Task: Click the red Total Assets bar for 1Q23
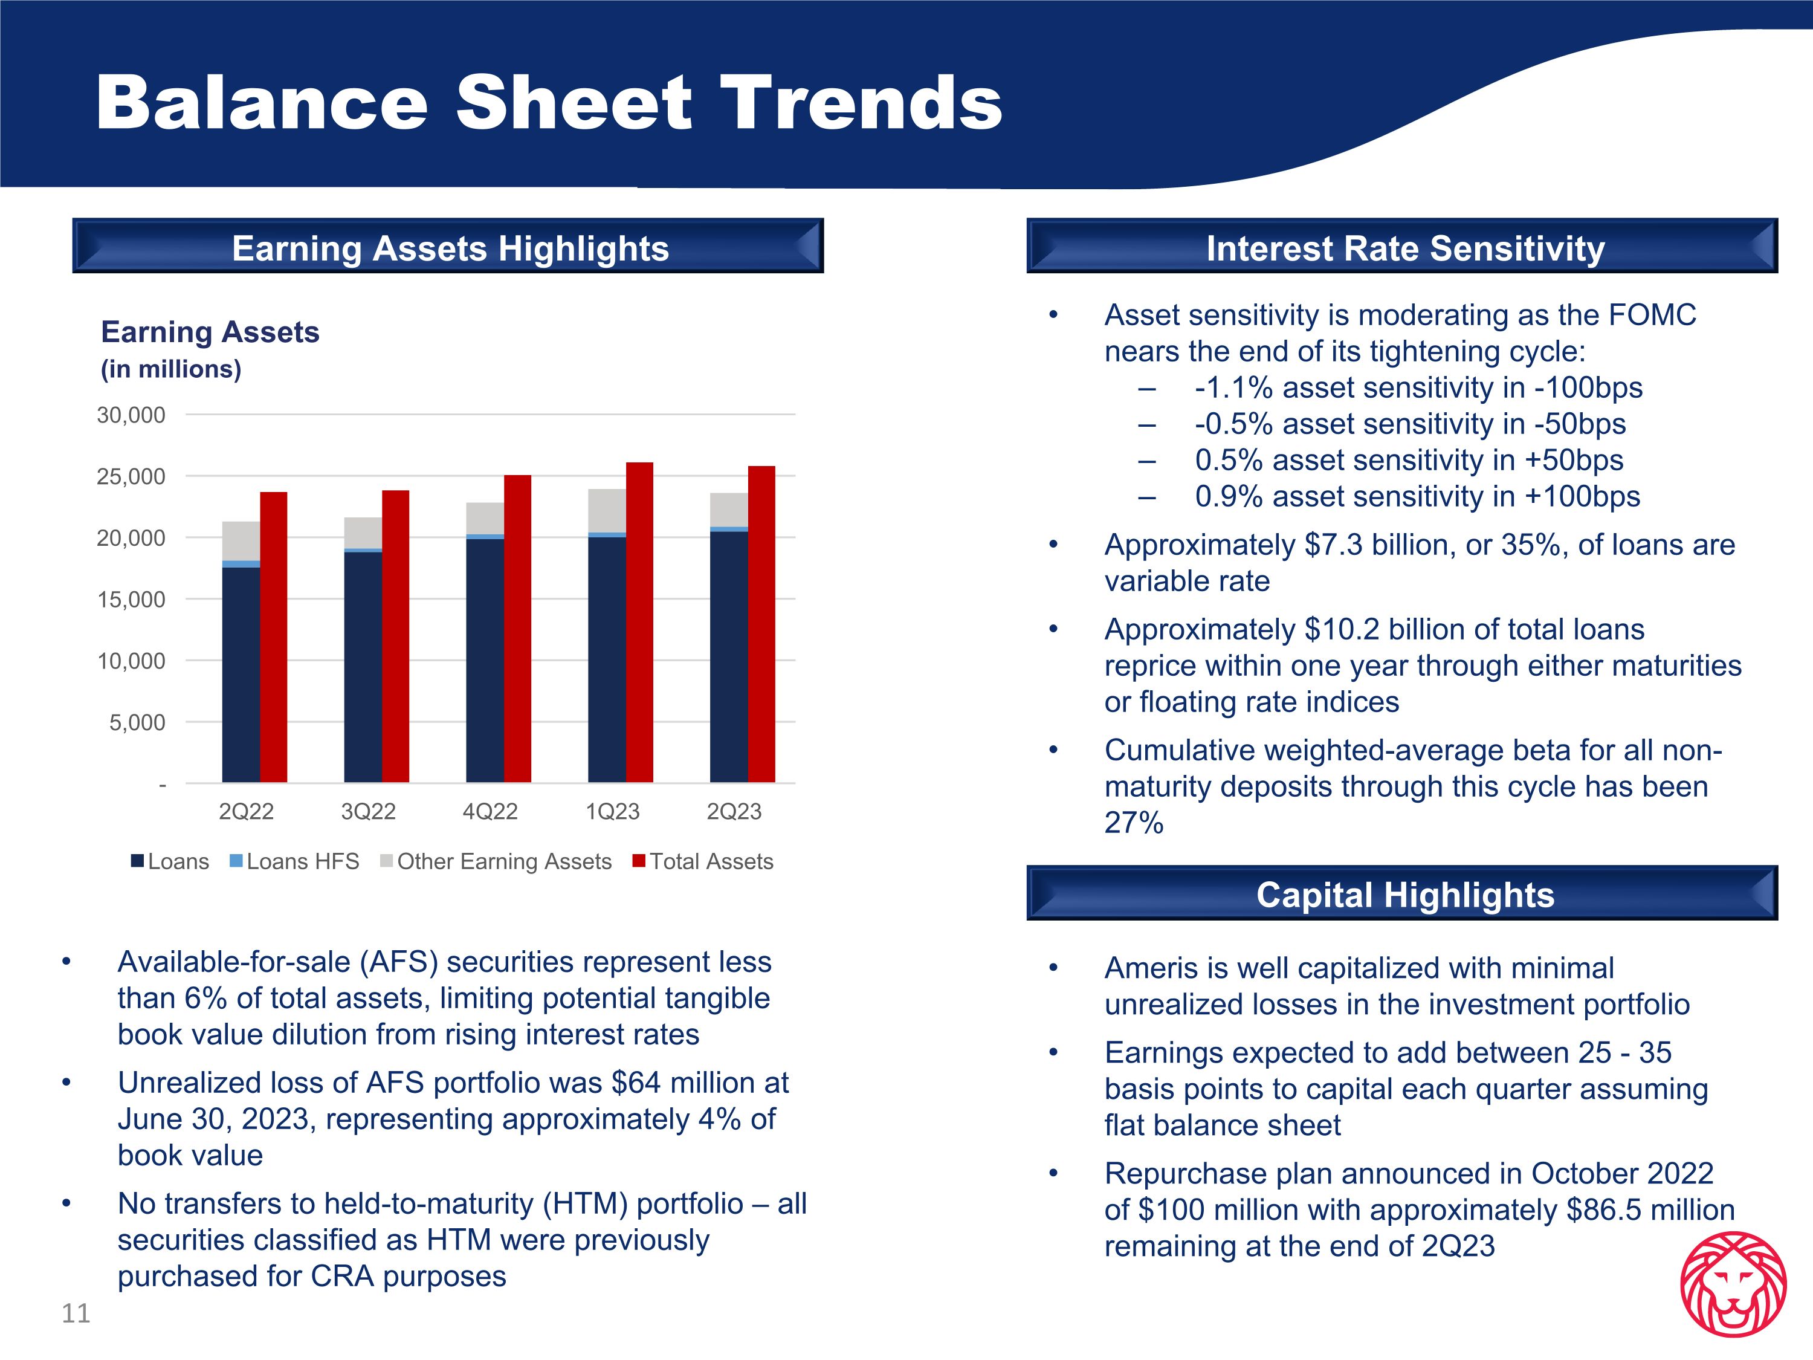639,623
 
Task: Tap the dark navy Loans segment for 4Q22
485,661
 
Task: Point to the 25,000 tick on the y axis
131,476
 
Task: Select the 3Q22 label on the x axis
368,812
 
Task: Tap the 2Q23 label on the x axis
734,812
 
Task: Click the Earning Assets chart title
210,332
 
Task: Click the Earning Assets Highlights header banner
448,246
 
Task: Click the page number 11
76,1313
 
